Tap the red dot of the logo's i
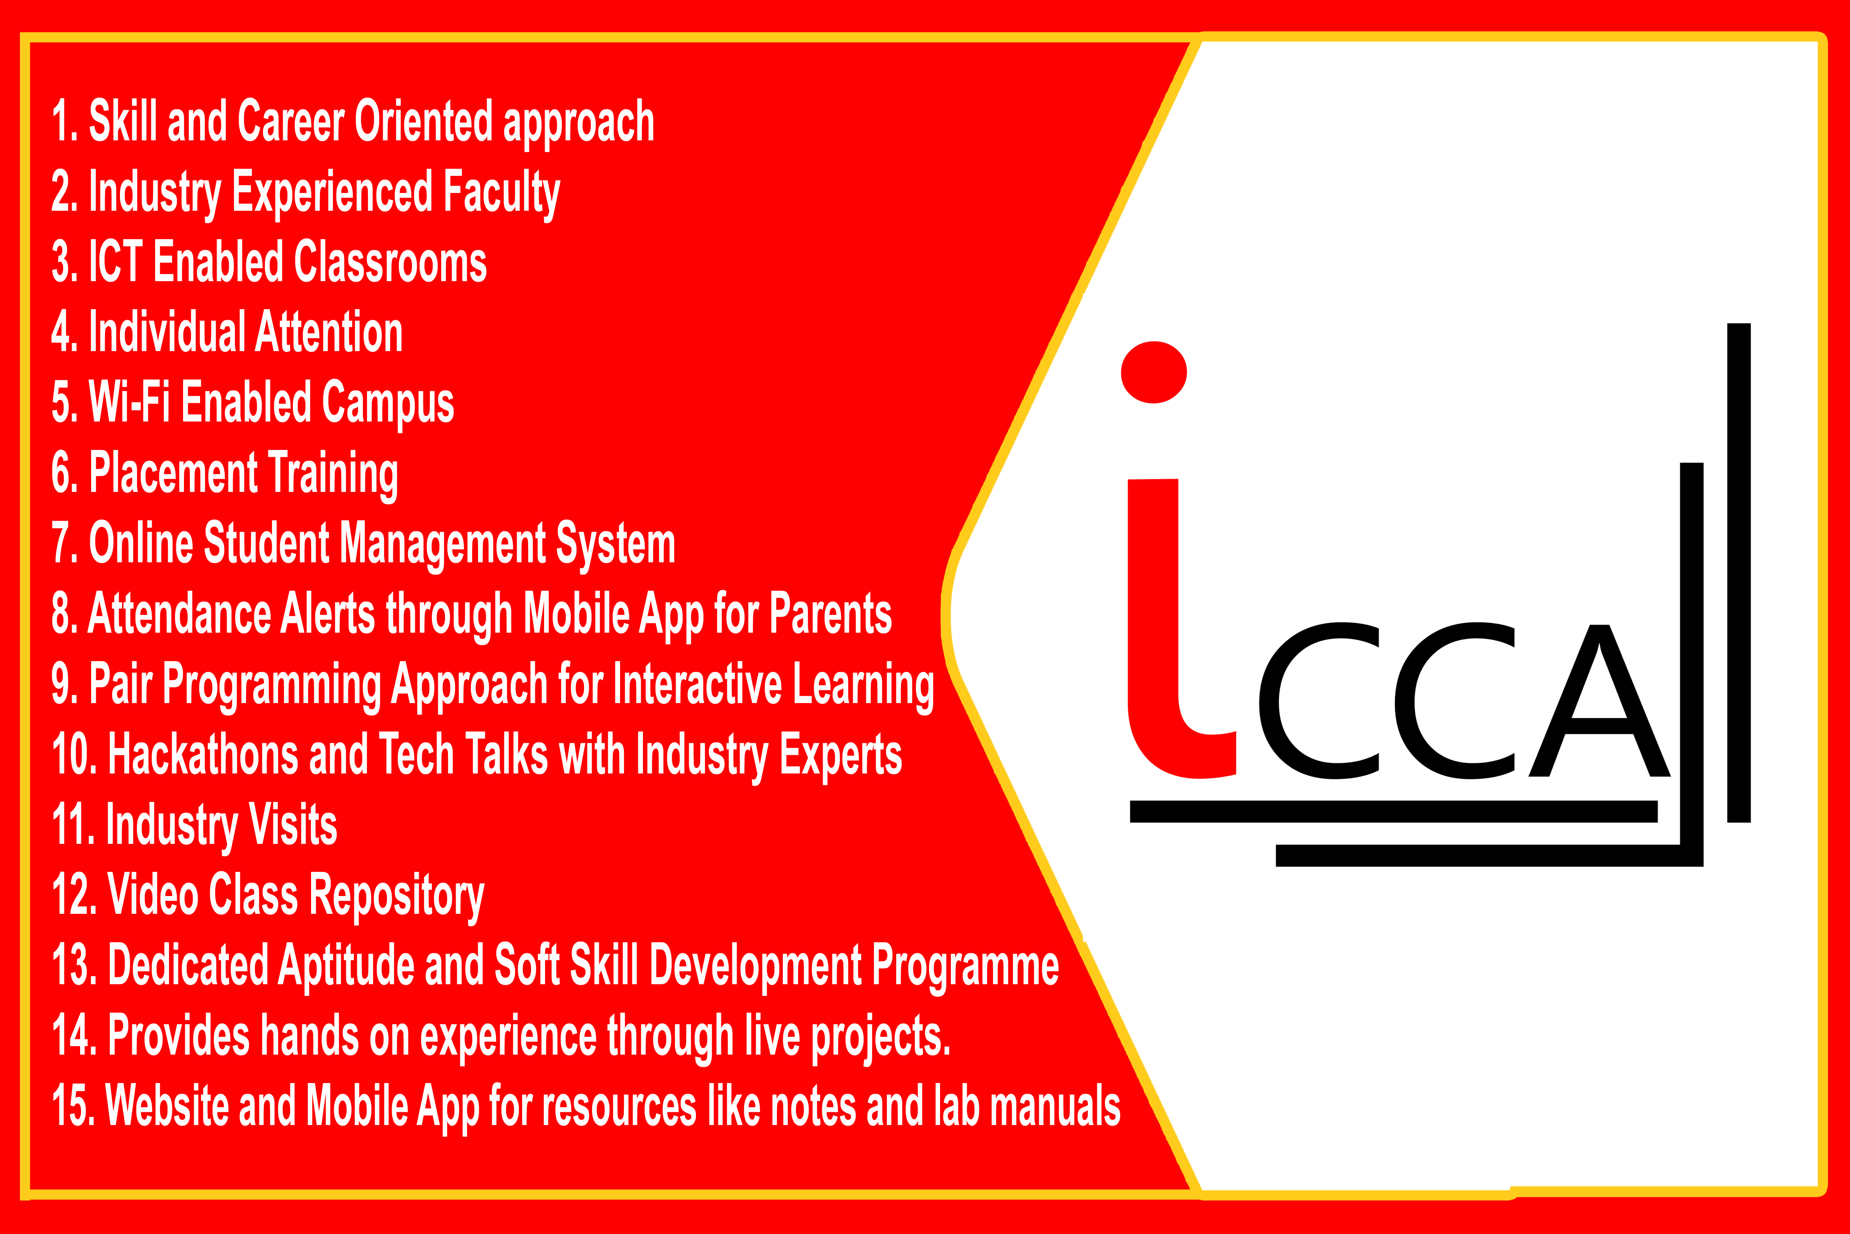(1154, 372)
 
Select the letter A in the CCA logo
(1599, 701)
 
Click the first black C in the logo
(1318, 701)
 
